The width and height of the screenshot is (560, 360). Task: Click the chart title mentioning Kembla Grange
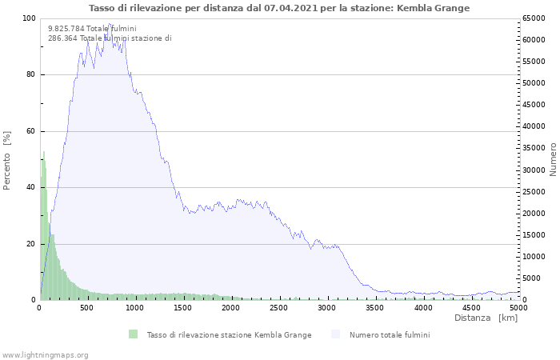(279, 8)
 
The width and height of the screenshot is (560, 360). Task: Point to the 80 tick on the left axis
(30, 75)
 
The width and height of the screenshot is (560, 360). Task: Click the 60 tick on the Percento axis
(30, 131)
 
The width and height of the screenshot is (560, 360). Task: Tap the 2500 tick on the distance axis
(279, 308)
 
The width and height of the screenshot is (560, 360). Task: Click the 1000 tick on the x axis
(135, 308)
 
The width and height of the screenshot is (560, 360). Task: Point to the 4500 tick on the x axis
(471, 308)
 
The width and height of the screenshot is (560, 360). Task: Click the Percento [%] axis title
(7, 160)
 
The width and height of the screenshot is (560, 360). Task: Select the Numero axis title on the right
(553, 159)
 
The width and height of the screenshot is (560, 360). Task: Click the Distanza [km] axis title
(486, 318)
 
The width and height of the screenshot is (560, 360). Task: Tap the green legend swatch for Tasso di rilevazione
(133, 334)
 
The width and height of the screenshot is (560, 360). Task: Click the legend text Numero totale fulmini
(390, 334)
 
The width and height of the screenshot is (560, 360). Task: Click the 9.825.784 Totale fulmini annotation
(92, 29)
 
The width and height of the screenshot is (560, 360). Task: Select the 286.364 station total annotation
(110, 38)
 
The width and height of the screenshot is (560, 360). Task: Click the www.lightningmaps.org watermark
(45, 354)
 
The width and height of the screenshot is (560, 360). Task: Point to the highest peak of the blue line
(109, 24)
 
